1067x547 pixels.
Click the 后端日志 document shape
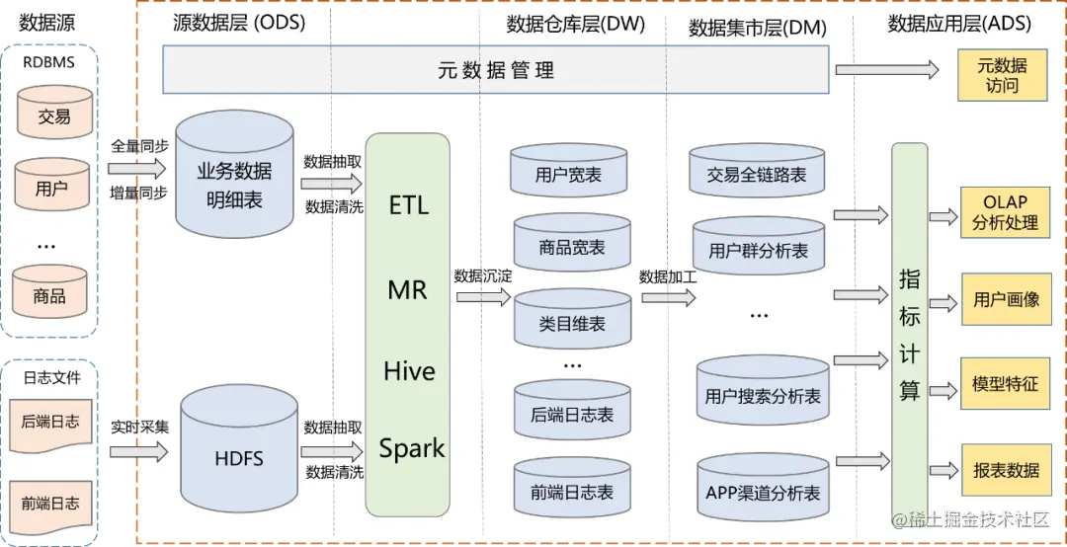[x=50, y=424]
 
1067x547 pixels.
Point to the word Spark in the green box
[x=412, y=448]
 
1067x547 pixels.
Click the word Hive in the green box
[x=409, y=371]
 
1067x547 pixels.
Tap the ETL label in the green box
[x=409, y=205]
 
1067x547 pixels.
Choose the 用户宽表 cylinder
[x=568, y=175]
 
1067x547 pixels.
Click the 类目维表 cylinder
[x=572, y=322]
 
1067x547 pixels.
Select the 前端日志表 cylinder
[x=572, y=490]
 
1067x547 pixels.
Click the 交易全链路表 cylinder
[x=757, y=174]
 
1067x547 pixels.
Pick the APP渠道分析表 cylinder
[x=763, y=491]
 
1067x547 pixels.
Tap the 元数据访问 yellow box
[x=1001, y=76]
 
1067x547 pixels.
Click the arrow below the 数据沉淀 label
[x=482, y=295]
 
